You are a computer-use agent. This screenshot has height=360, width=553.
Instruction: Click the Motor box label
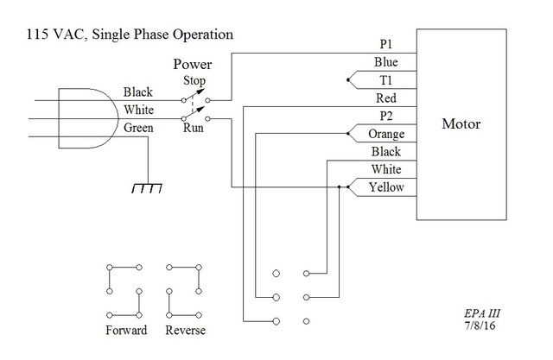pos(461,124)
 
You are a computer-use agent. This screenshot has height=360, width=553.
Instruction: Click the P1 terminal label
pos(385,43)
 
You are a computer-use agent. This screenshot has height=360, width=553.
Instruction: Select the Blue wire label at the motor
pos(386,62)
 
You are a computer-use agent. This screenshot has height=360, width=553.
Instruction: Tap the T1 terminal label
pos(386,80)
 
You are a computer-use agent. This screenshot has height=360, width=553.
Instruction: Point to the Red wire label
pos(386,98)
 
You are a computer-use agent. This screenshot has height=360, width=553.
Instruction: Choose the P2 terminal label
pos(385,116)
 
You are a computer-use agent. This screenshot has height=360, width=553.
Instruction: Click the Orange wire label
pos(386,134)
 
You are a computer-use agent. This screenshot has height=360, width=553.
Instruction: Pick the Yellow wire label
pos(386,187)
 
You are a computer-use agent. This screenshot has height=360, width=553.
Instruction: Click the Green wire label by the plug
pos(139,128)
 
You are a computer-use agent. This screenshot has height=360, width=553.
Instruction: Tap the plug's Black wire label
pos(138,92)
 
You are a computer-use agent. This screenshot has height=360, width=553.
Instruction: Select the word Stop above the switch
pos(194,80)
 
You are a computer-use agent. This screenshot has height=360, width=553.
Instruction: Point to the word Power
pos(193,64)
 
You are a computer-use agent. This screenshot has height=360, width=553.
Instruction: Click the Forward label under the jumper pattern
pos(126,330)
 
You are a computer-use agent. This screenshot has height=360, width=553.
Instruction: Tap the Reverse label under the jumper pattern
pos(185,330)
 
